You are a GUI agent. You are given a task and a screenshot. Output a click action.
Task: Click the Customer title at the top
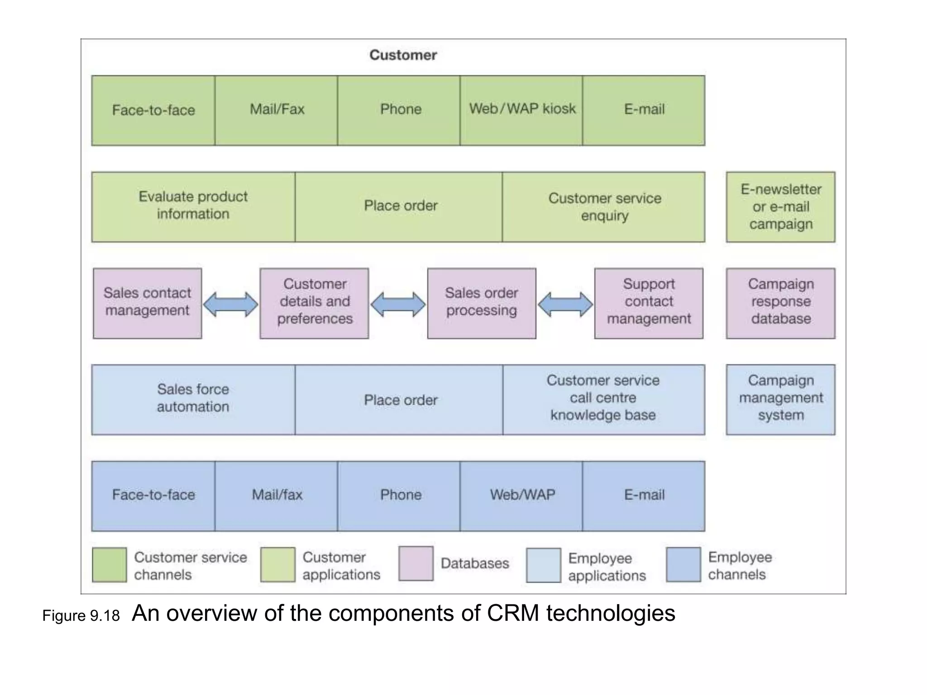click(403, 55)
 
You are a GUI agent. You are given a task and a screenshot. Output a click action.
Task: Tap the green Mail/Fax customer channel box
click(276, 110)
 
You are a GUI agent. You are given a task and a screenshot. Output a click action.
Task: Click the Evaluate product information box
click(193, 207)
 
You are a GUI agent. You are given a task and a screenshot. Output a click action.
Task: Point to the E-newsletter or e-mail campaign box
click(780, 207)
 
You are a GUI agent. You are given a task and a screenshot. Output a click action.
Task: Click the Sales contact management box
click(148, 303)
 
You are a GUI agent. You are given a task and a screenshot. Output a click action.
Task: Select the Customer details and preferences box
click(314, 303)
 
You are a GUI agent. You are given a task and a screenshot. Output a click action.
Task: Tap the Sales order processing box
click(482, 303)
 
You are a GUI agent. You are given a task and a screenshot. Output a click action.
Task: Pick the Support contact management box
click(649, 303)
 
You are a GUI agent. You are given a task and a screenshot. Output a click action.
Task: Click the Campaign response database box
click(780, 303)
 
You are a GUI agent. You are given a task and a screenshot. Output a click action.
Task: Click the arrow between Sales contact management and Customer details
click(230, 304)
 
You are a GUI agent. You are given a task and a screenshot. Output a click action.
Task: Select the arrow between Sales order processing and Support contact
click(565, 304)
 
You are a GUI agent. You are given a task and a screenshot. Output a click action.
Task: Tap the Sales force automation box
click(193, 400)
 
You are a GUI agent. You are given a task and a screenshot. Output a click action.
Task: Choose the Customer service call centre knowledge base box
click(603, 400)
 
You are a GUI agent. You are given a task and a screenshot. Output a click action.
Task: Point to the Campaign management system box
click(780, 400)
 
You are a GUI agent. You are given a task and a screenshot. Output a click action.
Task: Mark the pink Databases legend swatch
click(416, 564)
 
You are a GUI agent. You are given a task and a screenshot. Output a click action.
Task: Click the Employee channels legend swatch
click(683, 565)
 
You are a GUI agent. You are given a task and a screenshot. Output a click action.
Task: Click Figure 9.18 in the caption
click(81, 616)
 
